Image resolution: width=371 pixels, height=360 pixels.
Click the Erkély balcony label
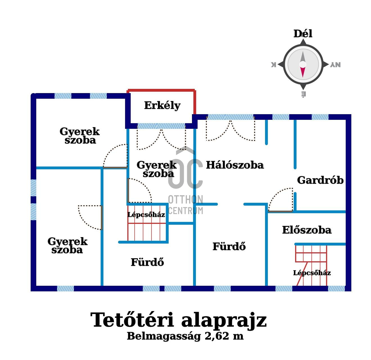point(162,105)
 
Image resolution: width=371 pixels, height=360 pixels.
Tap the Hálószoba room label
point(235,165)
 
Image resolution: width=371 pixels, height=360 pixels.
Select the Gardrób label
point(320,180)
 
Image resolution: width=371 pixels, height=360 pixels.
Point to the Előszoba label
point(307,230)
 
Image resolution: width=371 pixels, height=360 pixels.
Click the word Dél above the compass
point(303,34)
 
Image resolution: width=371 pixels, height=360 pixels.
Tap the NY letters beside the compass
point(335,65)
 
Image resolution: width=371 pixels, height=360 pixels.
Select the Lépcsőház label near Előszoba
point(312,273)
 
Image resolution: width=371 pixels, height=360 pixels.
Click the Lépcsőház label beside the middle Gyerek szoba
point(146,215)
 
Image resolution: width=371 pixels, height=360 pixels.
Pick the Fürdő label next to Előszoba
point(229,247)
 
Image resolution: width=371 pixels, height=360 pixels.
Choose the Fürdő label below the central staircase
point(147,262)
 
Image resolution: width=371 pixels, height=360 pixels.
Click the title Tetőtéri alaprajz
point(178,320)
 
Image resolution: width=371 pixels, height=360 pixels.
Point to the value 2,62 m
point(224,336)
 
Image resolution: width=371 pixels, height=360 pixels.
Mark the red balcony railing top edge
point(161,90)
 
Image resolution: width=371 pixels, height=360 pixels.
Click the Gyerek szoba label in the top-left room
point(80,136)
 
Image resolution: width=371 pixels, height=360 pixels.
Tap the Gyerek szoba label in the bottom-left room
point(67,246)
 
